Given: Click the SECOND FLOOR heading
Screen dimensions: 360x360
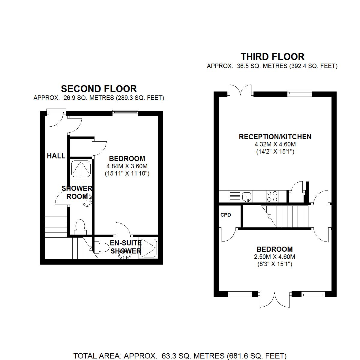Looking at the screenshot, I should tap(99, 89).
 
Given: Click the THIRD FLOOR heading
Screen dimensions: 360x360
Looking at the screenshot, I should tap(272, 57).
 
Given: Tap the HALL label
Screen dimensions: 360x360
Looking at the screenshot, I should tap(56, 156).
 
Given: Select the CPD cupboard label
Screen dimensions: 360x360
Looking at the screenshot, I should tap(226, 215).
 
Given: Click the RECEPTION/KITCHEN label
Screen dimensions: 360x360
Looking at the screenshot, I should tap(275, 137).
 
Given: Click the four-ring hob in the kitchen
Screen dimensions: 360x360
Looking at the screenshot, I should tap(272, 197).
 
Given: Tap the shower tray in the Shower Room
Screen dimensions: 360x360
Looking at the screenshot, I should tap(81, 169).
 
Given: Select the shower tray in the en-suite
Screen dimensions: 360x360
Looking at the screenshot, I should tap(148, 248).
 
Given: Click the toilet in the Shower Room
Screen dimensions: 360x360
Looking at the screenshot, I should tap(80, 227).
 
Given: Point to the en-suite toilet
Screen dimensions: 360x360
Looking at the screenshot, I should tap(102, 248).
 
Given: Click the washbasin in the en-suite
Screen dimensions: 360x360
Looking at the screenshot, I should tap(124, 255).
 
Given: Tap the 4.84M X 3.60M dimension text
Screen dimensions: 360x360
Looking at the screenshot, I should tap(127, 166).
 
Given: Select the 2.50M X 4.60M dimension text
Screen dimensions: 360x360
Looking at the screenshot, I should tap(274, 257).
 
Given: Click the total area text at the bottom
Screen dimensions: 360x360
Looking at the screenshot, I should tap(180, 356).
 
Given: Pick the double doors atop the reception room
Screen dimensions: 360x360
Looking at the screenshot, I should tap(241, 90).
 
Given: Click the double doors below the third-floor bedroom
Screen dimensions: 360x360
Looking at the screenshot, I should tap(274, 300).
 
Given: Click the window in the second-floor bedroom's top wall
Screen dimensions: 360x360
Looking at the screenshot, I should tap(125, 113).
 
